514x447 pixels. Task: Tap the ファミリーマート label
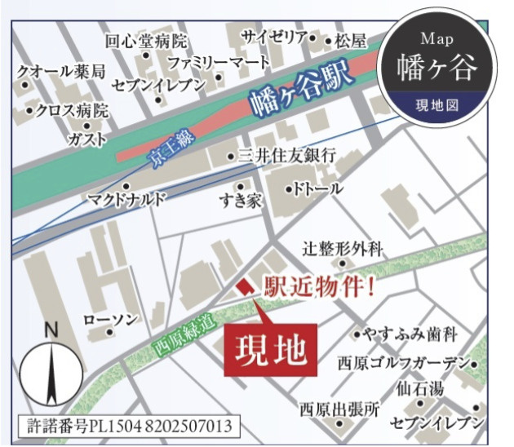(219, 62)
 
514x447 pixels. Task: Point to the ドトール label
(319, 189)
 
